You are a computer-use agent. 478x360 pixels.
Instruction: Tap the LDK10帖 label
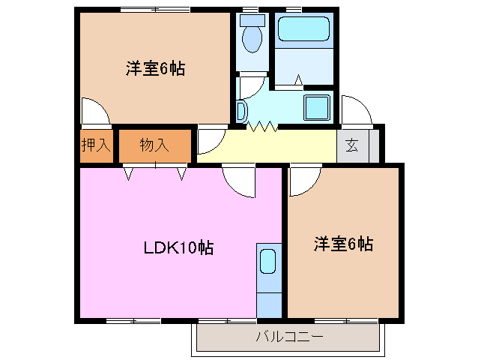[x=178, y=247]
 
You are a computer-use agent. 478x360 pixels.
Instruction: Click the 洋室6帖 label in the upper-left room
[x=155, y=69]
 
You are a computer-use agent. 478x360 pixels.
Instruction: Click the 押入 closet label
[x=96, y=145]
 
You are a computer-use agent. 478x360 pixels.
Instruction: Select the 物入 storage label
[x=154, y=145]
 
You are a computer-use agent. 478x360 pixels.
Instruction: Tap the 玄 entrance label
[x=352, y=146]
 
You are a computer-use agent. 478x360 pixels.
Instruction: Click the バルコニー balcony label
[x=289, y=337]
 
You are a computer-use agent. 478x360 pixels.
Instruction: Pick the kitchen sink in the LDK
[x=268, y=262]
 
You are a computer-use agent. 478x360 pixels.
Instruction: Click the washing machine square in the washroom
[x=317, y=107]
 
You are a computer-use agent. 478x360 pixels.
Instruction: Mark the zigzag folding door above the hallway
[x=264, y=127]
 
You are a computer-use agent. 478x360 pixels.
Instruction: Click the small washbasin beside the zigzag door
[x=240, y=112]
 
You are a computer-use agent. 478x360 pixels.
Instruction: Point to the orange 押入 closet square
[x=95, y=145]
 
